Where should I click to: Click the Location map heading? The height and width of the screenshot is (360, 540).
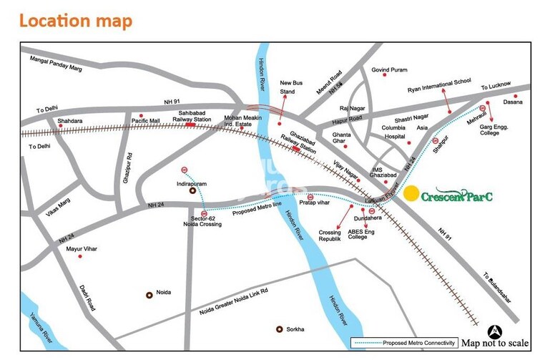point(75,20)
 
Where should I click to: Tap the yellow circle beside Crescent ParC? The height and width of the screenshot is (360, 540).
point(411,193)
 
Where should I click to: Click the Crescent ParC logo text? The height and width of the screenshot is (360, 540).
point(457,194)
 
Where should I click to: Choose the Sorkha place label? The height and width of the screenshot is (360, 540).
point(295,329)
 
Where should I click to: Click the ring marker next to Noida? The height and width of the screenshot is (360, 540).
point(149,293)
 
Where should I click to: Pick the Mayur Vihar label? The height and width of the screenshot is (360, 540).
point(81,249)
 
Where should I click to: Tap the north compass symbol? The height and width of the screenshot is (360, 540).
point(494,331)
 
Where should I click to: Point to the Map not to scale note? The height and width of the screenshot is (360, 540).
point(495,344)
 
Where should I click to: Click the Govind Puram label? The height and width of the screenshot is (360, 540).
point(389,70)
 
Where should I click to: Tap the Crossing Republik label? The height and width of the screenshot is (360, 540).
point(330,237)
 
